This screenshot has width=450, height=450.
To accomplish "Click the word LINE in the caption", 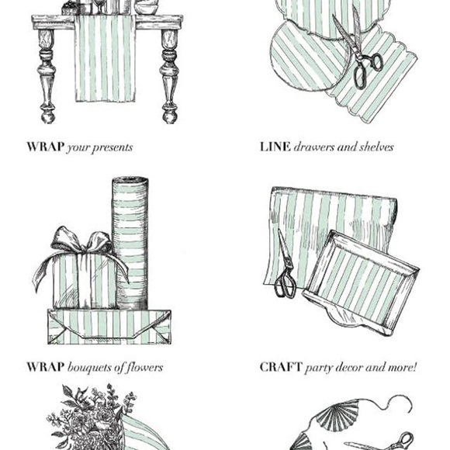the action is click(x=275, y=147).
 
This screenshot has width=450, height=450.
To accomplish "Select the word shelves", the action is click(x=376, y=147).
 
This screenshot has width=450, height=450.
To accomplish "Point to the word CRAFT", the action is click(x=281, y=367).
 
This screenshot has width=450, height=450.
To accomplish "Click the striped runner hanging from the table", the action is click(x=105, y=58).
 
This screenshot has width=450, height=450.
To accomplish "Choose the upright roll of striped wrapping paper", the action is click(x=130, y=243).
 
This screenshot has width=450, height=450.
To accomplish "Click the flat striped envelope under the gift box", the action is click(x=109, y=327).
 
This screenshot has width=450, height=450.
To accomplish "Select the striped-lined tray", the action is click(x=361, y=283).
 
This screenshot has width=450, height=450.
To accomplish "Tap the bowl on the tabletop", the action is click(x=147, y=8).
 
